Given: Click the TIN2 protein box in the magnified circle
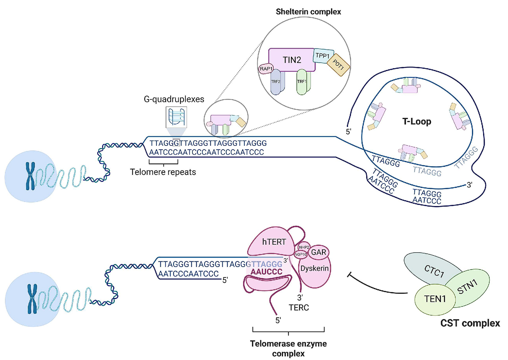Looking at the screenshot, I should [x=292, y=60].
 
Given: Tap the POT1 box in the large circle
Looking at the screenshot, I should [x=338, y=65].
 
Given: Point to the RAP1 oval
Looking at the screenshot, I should [x=266, y=69].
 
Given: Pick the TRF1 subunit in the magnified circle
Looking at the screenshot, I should [x=302, y=82].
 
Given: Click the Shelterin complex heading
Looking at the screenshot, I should [x=308, y=12].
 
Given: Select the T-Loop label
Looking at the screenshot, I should [x=417, y=122].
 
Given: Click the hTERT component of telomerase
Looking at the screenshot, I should [x=274, y=242].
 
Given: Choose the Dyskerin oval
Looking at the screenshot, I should [x=314, y=268].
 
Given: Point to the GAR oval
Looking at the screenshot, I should [x=318, y=252].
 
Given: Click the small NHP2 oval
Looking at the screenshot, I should [x=304, y=247].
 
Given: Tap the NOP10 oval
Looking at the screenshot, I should [x=301, y=254].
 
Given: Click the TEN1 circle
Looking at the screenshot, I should [x=435, y=299].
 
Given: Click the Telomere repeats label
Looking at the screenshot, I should [x=163, y=172].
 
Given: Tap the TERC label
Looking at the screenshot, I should [x=299, y=307].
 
